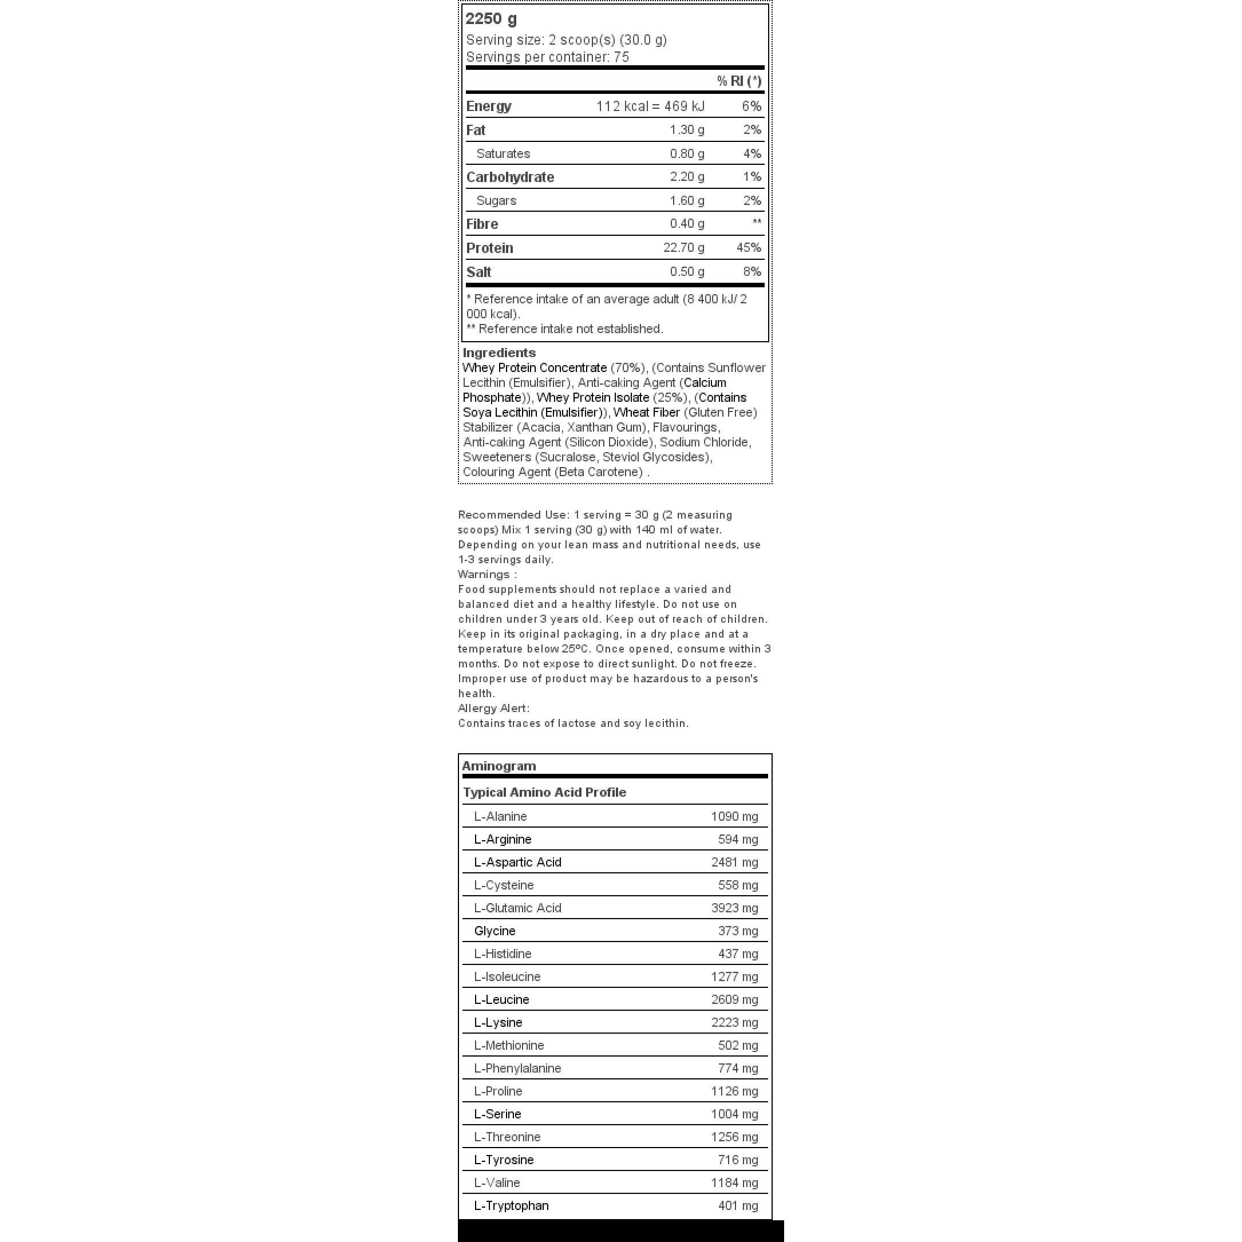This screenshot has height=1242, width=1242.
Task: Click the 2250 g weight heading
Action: pyautogui.click(x=491, y=19)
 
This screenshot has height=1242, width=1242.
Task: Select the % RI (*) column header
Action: pyautogui.click(x=739, y=81)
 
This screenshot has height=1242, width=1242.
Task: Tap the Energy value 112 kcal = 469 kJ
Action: pyautogui.click(x=650, y=106)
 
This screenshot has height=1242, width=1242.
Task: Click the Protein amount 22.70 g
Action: pyautogui.click(x=683, y=247)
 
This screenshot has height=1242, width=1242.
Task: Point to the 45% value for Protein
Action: pyautogui.click(x=748, y=247)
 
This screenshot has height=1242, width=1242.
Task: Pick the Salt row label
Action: pyautogui.click(x=478, y=272)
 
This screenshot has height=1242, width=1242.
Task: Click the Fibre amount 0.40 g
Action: pyautogui.click(x=687, y=224)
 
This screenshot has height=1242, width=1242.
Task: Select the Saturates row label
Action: pyautogui.click(x=503, y=153)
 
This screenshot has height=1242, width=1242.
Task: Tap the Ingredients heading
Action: pyautogui.click(x=499, y=353)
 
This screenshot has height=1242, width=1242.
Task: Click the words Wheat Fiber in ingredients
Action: pyautogui.click(x=646, y=413)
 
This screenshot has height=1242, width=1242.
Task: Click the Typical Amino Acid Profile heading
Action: pyautogui.click(x=544, y=792)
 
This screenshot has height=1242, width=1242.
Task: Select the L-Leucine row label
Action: pyautogui.click(x=501, y=1000)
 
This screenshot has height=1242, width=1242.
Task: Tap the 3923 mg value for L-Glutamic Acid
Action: pyautogui.click(x=734, y=908)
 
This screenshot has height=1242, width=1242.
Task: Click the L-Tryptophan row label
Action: pyautogui.click(x=511, y=1205)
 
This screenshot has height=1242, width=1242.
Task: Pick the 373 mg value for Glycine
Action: pyautogui.click(x=738, y=931)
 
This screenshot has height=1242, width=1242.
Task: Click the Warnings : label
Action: pyautogui.click(x=486, y=575)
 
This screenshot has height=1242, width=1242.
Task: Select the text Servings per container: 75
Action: pyautogui.click(x=547, y=57)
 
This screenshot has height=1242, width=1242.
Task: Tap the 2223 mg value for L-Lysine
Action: pyautogui.click(x=734, y=1022)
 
